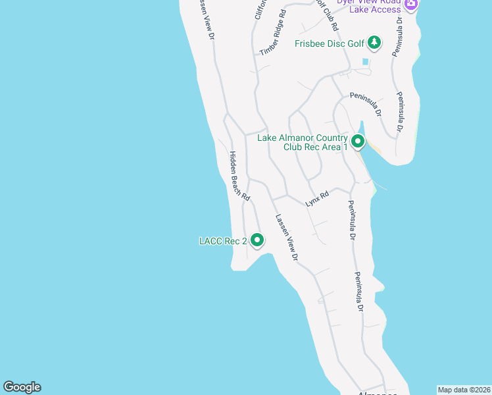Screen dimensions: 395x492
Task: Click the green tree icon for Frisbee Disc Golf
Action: pyautogui.click(x=374, y=43)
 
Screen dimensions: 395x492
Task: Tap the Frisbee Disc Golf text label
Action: pyautogui.click(x=329, y=44)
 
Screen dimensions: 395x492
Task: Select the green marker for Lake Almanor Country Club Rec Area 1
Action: pyautogui.click(x=358, y=142)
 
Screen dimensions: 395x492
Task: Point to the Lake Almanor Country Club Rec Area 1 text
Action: pyautogui.click(x=303, y=142)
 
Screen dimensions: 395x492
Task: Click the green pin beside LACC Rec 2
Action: pyautogui.click(x=257, y=241)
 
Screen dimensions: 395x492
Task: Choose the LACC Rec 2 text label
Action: pyautogui.click(x=223, y=242)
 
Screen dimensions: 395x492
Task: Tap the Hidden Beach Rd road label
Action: pyautogui.click(x=239, y=176)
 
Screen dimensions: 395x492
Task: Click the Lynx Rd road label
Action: pyautogui.click(x=317, y=199)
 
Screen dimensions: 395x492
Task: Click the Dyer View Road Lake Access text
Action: pyautogui.click(x=368, y=5)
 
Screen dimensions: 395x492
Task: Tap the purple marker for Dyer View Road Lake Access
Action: pyautogui.click(x=412, y=5)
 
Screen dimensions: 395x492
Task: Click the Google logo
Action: pyautogui.click(x=22, y=387)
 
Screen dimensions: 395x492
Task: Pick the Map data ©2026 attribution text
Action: pyautogui.click(x=464, y=390)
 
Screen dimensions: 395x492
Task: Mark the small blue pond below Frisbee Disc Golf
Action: pyautogui.click(x=365, y=62)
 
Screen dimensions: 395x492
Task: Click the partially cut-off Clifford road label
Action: pyautogui.click(x=258, y=9)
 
